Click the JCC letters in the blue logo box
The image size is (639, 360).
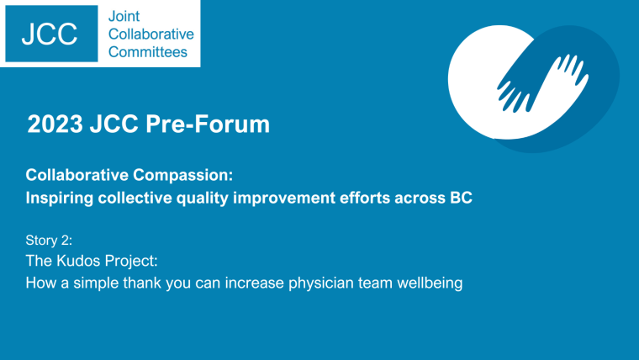point(50,34)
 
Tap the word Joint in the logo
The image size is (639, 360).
point(124,16)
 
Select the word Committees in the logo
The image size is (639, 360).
point(148,52)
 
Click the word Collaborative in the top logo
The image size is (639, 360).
point(151,34)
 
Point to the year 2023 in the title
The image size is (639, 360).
point(55,124)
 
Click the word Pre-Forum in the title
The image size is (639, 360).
point(208,124)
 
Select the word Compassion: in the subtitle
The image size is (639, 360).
point(183,176)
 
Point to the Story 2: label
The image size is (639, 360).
point(49,241)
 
